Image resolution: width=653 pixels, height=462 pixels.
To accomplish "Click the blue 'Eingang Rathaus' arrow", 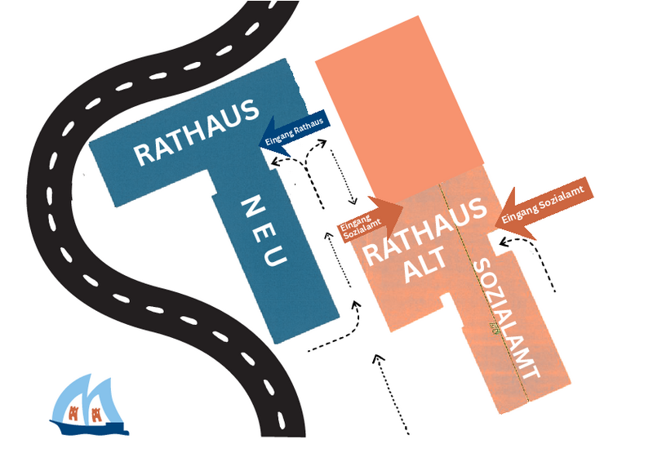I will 294,131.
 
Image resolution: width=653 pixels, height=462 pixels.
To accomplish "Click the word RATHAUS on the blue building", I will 197,133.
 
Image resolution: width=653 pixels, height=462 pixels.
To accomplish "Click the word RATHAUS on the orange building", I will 424,233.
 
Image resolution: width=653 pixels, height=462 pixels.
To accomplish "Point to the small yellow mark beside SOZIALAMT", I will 492,327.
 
